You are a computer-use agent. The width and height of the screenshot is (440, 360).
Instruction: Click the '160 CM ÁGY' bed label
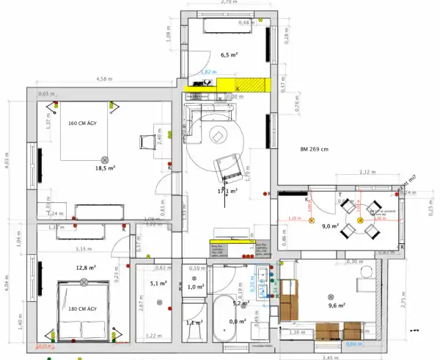click(86, 123)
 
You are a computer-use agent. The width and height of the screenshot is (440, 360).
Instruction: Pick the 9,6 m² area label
click(337, 306)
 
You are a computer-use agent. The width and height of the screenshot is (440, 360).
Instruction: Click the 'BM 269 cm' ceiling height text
click(316, 151)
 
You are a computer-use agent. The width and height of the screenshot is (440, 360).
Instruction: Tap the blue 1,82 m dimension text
click(208, 72)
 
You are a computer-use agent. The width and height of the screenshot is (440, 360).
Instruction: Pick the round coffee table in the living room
click(219, 136)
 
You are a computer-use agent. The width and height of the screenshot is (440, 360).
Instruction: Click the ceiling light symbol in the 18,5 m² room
click(104, 159)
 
